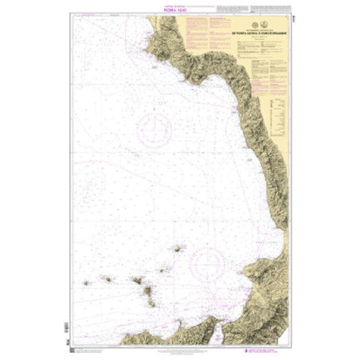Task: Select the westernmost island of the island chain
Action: (86, 283)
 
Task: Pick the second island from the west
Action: (105, 280)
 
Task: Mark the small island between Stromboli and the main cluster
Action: (161, 270)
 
